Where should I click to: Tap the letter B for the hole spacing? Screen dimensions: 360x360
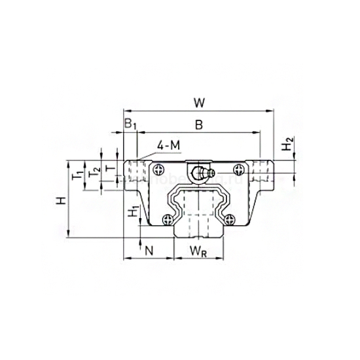tap(198, 124)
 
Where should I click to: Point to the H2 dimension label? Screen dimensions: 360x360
tap(288, 145)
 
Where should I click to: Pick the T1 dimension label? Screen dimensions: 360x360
tap(77, 174)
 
